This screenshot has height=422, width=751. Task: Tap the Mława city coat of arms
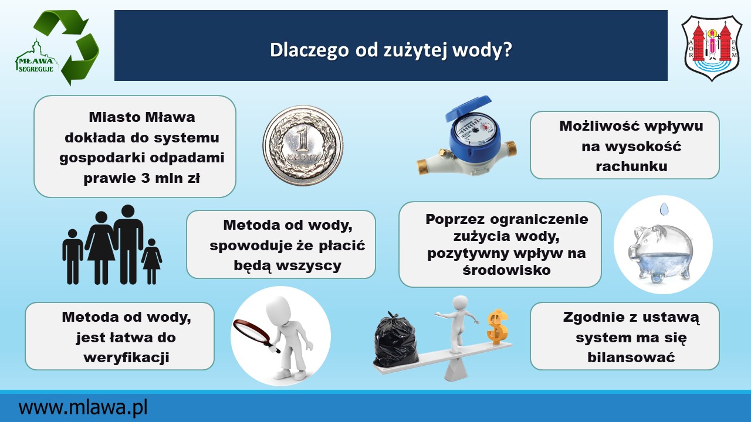tap(712, 48)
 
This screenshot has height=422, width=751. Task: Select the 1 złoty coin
tap(303, 145)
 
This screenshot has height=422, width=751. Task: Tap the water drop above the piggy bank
tap(664, 209)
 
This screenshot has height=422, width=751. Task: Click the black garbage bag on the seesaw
tap(396, 338)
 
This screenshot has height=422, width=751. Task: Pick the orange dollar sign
tap(498, 327)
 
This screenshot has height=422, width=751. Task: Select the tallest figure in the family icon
tap(128, 244)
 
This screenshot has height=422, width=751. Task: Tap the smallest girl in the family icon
tap(151, 261)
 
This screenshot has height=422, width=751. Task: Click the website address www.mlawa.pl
tap(83, 407)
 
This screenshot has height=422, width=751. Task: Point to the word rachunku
tap(631, 166)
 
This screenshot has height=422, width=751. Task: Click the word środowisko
tap(506, 270)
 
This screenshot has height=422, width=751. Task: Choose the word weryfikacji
tap(126, 358)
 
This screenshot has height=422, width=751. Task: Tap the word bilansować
tap(631, 358)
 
